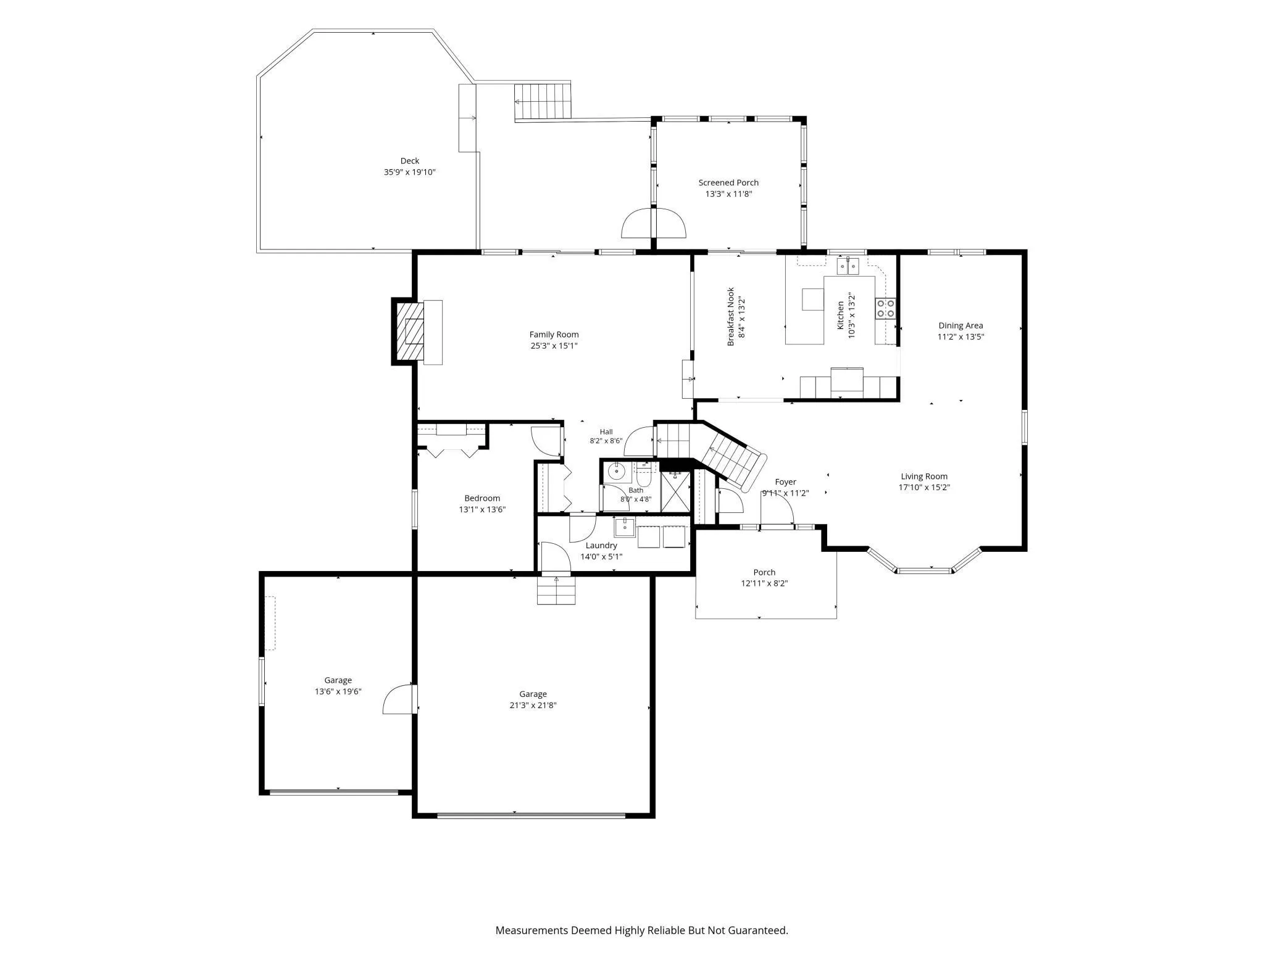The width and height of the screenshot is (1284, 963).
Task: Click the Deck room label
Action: point(410,161)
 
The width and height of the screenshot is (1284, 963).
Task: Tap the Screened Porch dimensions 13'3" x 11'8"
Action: point(728,194)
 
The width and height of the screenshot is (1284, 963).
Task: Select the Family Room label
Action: point(554,335)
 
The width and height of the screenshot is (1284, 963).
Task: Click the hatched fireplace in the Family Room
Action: point(410,332)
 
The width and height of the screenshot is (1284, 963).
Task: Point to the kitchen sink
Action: point(848,266)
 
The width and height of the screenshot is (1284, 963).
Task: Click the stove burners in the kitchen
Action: point(885,309)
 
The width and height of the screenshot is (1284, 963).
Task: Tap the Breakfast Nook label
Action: point(730,316)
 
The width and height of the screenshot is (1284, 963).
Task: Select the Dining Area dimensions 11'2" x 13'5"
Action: point(961,337)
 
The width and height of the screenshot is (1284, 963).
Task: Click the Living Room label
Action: point(924,477)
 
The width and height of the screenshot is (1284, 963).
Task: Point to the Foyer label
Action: point(785,482)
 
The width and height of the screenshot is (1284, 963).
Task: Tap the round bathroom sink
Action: point(616,472)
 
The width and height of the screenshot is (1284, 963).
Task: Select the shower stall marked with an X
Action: point(675,492)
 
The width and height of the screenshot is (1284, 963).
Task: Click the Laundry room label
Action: point(601,546)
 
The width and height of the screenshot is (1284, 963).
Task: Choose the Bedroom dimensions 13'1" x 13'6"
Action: point(482,510)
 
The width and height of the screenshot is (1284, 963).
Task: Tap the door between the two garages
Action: point(400,699)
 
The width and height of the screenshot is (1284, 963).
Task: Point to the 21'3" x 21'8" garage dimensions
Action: point(533,706)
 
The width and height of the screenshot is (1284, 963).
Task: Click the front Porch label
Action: point(764,573)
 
